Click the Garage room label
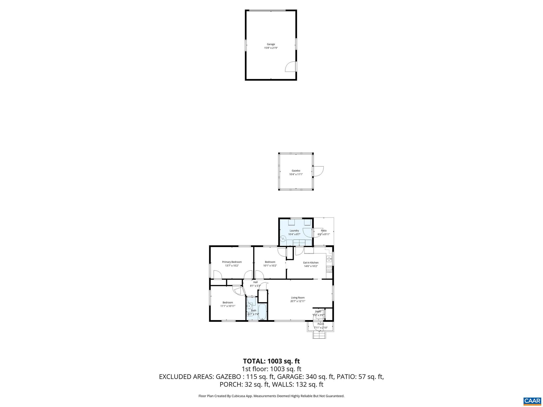pyautogui.click(x=271, y=44)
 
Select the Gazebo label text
pyautogui.click(x=296, y=171)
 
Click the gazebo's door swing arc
pyautogui.click(x=318, y=171)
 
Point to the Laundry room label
pyautogui.click(x=294, y=231)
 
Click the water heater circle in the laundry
pyautogui.click(x=283, y=239)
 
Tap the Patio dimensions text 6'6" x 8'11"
pyautogui.click(x=323, y=234)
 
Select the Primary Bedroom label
pyautogui.click(x=232, y=262)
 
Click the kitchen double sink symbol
pyautogui.click(x=329, y=259)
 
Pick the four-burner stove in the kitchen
pyautogui.click(x=329, y=269)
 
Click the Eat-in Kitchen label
pyautogui.click(x=311, y=263)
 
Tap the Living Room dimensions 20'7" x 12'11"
pyautogui.click(x=298, y=301)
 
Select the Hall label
pyautogui.click(x=255, y=282)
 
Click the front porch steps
pyautogui.click(x=319, y=335)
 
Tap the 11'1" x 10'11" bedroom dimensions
pyautogui.click(x=228, y=306)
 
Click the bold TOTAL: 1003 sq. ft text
pyautogui.click(x=271, y=361)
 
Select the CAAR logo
pyautogui.click(x=532, y=401)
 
